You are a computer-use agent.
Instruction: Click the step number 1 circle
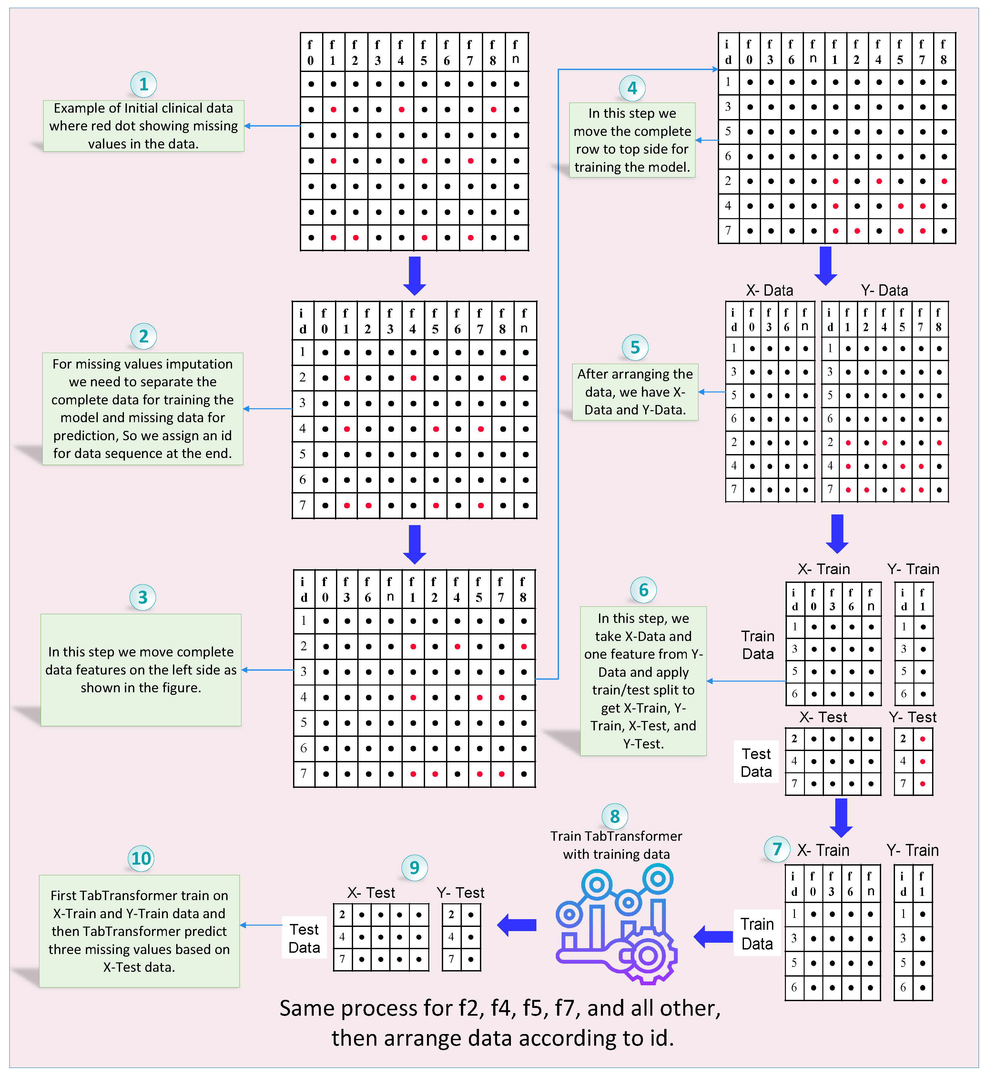pos(143,84)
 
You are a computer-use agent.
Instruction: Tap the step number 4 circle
pos(632,88)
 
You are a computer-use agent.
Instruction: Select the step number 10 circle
pos(141,858)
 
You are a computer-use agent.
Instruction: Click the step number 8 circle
pos(615,816)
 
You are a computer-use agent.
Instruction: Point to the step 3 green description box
pos(141,669)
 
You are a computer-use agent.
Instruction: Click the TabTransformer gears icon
pos(616,926)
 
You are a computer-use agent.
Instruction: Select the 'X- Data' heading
pos(769,290)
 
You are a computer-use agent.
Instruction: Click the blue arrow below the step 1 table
pos(414,275)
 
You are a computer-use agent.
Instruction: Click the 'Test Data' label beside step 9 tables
pos(304,938)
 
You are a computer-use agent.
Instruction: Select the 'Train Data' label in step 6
pos(757,645)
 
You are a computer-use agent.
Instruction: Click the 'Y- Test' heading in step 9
pos(460,892)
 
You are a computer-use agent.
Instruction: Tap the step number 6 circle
pos(643,590)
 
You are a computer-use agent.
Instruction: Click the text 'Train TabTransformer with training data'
pos(616,845)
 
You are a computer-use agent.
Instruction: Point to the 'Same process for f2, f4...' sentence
pos(500,1023)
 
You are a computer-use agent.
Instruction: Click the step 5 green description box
pos(635,392)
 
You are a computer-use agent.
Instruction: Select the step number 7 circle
pos(777,848)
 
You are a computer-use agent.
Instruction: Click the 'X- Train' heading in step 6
pos(824,569)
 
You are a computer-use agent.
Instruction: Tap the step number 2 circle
pos(143,336)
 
